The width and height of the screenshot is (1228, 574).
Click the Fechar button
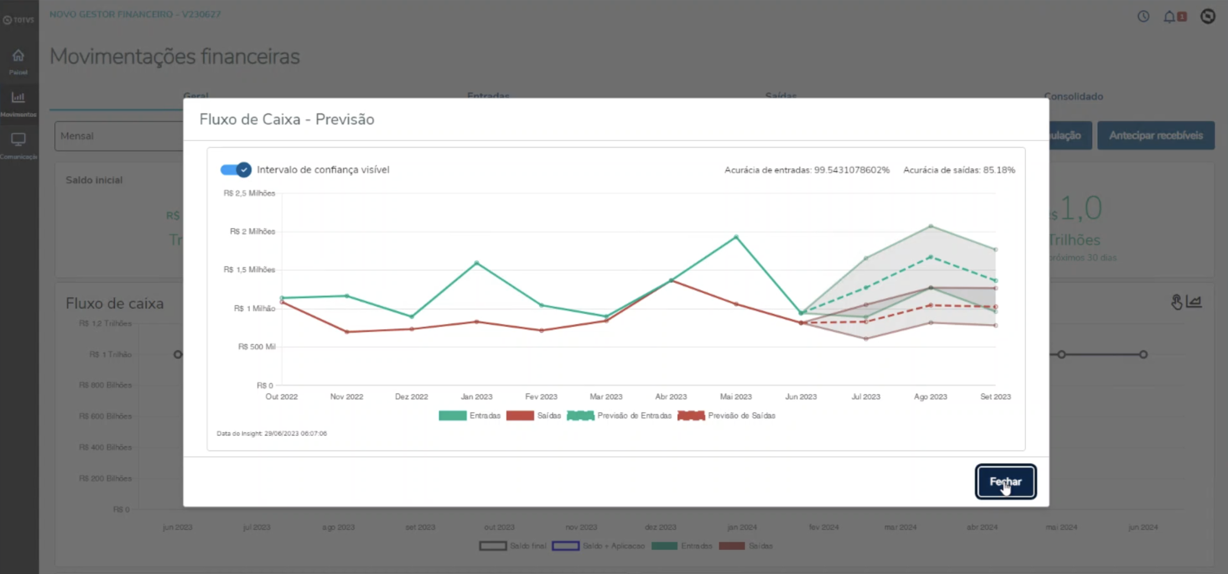pyautogui.click(x=1005, y=482)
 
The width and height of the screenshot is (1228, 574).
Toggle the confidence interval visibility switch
pyautogui.click(x=236, y=170)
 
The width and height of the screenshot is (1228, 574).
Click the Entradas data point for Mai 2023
pyautogui.click(x=736, y=237)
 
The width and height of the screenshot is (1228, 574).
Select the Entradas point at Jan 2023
pyautogui.click(x=477, y=263)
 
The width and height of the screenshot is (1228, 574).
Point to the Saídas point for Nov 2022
pyautogui.click(x=347, y=332)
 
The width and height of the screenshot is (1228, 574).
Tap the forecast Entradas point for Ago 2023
pyautogui.click(x=931, y=257)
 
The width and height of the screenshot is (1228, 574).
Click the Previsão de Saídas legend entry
pyautogui.click(x=726, y=416)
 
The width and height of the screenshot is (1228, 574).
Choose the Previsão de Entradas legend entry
pyautogui.click(x=619, y=416)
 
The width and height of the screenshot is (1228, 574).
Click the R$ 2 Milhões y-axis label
pyautogui.click(x=252, y=232)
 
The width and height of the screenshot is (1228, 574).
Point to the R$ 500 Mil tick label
pyautogui.click(x=257, y=347)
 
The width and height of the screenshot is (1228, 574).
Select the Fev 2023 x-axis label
pyautogui.click(x=541, y=397)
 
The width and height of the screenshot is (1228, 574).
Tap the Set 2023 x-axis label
pyautogui.click(x=996, y=397)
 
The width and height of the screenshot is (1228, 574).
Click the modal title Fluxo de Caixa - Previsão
pyautogui.click(x=286, y=119)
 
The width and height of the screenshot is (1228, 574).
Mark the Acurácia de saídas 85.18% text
pyautogui.click(x=959, y=170)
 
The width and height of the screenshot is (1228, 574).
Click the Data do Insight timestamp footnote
pyautogui.click(x=272, y=434)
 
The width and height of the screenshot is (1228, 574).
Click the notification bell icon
pyautogui.click(x=1169, y=17)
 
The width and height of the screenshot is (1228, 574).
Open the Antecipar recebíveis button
pyautogui.click(x=1155, y=135)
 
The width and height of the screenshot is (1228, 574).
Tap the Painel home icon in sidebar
pyautogui.click(x=18, y=56)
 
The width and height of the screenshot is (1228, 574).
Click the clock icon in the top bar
pyautogui.click(x=1143, y=17)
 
